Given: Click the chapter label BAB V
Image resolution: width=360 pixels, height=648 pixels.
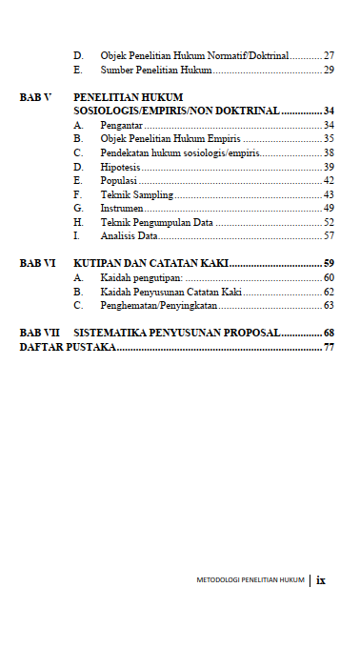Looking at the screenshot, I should pos(35,97).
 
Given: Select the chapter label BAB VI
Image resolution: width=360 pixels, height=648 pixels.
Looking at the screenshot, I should pos(37,263).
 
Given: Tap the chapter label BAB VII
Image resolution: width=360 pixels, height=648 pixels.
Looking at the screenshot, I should pos(39,333).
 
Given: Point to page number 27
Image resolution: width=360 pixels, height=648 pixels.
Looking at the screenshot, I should pos(329,56).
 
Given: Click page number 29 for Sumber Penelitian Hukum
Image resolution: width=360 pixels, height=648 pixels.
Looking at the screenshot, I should pos(329,70).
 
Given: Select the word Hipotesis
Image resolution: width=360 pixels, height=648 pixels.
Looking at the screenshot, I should pos(121,167).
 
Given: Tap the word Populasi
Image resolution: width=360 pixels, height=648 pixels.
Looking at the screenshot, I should pos(119,180).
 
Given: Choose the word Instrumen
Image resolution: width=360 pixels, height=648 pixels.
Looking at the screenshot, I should pos(122,208).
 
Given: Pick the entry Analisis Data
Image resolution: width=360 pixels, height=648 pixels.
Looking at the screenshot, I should pos(129,235).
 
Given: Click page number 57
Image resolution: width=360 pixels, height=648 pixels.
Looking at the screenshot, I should pos(329,235).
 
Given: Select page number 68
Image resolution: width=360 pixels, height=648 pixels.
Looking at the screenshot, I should pos(329,333).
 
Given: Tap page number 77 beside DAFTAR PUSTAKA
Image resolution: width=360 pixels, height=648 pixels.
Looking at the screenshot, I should pos(329,348).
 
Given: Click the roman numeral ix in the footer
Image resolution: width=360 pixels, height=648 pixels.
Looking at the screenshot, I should pos(322,578).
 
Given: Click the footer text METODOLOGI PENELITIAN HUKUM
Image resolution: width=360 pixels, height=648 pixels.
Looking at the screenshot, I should pos(250,579).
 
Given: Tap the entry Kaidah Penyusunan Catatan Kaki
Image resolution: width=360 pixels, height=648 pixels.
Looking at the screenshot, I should pos(170,292).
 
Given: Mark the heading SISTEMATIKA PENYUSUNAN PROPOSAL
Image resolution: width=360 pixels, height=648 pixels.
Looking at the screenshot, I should pos(176,333).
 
